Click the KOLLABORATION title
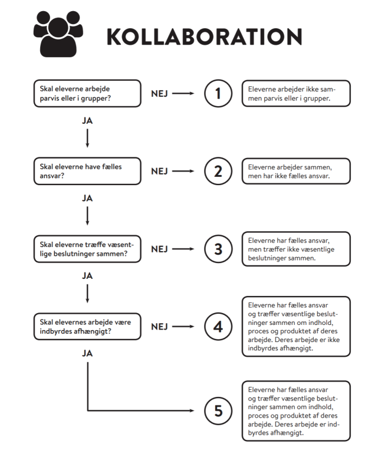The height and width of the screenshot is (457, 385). tap(205, 37)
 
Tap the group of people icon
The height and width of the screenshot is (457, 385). tap(58, 34)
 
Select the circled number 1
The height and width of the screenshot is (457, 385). tap(218, 94)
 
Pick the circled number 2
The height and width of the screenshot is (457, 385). tap(218, 171)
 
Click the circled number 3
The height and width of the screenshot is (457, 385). tap(218, 249)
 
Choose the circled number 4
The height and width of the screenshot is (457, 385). tap(218, 327)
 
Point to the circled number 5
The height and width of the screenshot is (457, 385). tap(218, 410)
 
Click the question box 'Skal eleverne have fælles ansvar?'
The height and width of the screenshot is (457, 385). tap(87, 171)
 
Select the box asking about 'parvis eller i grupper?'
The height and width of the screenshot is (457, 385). tap(87, 93)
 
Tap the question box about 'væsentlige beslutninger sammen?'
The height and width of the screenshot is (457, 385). tap(87, 249)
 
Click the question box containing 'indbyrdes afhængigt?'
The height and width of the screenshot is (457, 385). tap(87, 327)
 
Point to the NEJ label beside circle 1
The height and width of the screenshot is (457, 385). tap(159, 94)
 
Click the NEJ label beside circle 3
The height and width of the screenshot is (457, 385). tap(159, 249)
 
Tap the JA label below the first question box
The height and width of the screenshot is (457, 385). tap(87, 121)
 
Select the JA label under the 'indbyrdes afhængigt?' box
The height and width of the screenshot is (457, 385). tap(87, 354)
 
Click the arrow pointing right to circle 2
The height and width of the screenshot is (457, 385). tap(183, 171)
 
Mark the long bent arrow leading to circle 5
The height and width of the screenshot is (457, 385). tap(88, 410)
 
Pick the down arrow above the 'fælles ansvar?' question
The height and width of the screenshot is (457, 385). tap(87, 138)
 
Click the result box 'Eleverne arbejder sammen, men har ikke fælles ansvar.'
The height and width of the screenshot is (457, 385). tap(296, 171)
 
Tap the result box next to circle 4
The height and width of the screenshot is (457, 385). tap(296, 327)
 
